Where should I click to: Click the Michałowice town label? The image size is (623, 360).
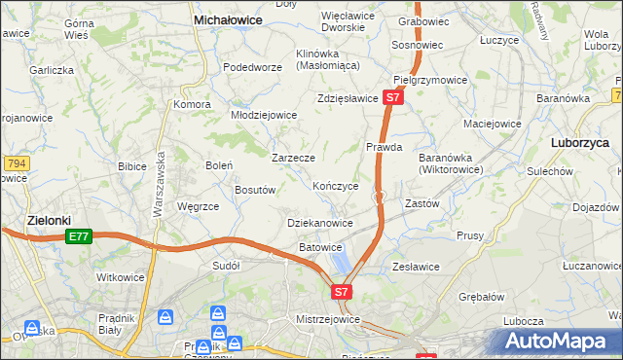[x=232, y=18]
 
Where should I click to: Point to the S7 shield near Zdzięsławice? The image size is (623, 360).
[x=392, y=98]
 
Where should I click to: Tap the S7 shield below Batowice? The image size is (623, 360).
[x=341, y=291]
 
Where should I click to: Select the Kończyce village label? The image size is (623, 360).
[x=336, y=186]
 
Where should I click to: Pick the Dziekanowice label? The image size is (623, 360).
[x=320, y=223]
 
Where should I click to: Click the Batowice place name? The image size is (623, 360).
[x=320, y=247]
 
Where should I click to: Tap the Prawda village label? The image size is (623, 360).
[x=385, y=148]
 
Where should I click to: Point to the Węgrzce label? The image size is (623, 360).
[x=198, y=206]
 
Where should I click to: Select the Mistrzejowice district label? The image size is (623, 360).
[x=328, y=319]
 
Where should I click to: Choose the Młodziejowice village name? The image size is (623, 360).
[x=263, y=115]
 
